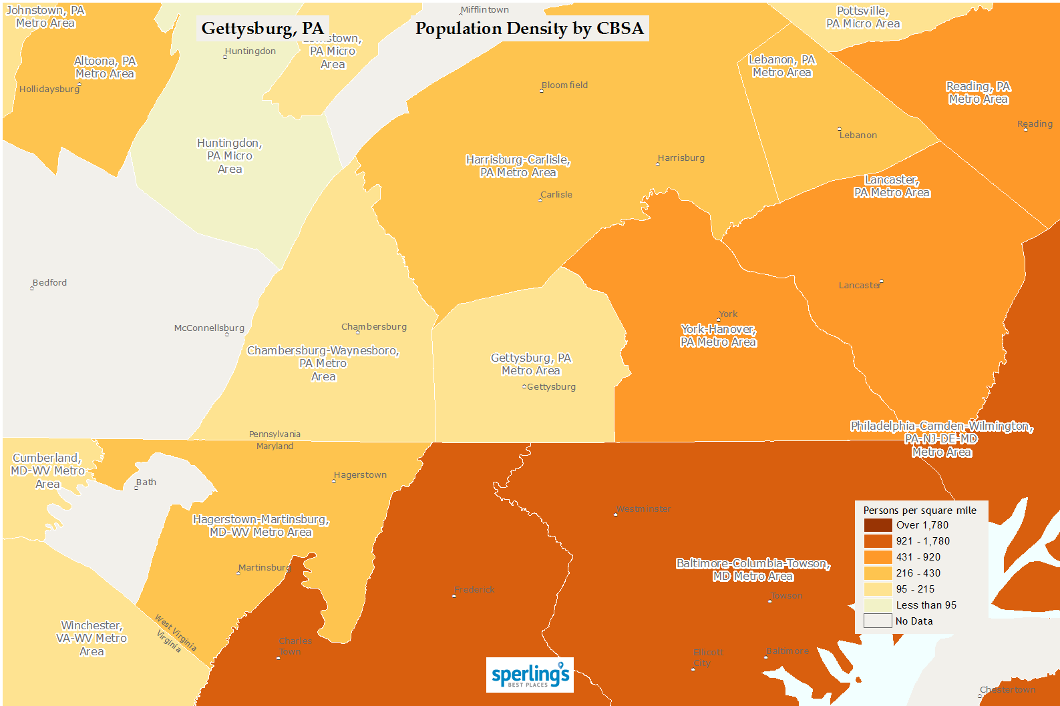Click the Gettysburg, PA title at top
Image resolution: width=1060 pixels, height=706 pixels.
pyautogui.click(x=262, y=29)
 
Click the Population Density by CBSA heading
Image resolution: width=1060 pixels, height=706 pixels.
pyautogui.click(x=529, y=29)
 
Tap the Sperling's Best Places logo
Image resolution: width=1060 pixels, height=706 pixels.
pyautogui.click(x=530, y=675)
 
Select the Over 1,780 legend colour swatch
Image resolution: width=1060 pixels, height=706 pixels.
pyautogui.click(x=878, y=525)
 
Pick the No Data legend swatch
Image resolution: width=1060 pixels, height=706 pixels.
pyautogui.click(x=878, y=621)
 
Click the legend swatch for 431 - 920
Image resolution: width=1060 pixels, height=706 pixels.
pyautogui.click(x=878, y=557)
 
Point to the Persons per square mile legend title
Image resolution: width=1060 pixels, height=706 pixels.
pyautogui.click(x=920, y=510)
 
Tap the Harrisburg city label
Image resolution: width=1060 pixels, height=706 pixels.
pyautogui.click(x=681, y=158)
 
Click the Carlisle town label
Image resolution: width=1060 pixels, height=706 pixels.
pyautogui.click(x=556, y=195)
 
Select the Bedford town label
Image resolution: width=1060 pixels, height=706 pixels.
pyautogui.click(x=49, y=283)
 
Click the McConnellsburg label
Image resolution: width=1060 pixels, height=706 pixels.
pyautogui.click(x=209, y=328)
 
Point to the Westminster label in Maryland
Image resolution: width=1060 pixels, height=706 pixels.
pyautogui.click(x=643, y=509)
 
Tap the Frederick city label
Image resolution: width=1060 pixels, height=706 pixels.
pyautogui.click(x=474, y=590)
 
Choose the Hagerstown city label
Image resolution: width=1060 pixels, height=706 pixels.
pyautogui.click(x=360, y=475)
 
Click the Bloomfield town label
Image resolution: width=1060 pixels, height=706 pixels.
pyautogui.click(x=564, y=85)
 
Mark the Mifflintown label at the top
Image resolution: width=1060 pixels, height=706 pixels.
pyautogui.click(x=484, y=10)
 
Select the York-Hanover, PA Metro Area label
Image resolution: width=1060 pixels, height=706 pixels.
pyautogui.click(x=718, y=336)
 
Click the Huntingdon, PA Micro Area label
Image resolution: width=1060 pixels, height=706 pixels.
pyautogui.click(x=230, y=156)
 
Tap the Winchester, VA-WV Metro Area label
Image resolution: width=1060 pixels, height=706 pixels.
pyautogui.click(x=92, y=639)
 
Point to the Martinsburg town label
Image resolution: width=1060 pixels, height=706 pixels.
pyautogui.click(x=264, y=568)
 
